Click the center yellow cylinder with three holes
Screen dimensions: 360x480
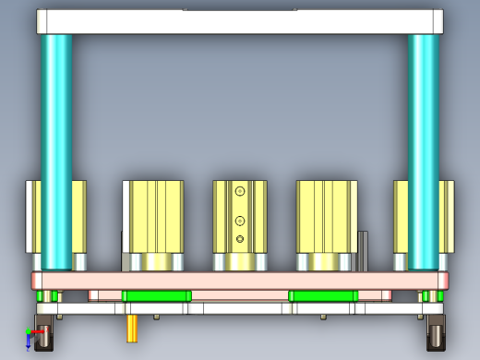tap(240, 217)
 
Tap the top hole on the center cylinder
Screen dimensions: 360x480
tap(240, 191)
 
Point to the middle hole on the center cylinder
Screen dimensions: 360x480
tap(240, 221)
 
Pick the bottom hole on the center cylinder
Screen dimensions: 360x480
tap(240, 240)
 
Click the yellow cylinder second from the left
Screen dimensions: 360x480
tap(154, 217)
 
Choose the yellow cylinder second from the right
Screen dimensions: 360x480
tap(327, 217)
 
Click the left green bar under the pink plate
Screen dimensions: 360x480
tap(156, 295)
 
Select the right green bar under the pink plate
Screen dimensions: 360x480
tap(322, 295)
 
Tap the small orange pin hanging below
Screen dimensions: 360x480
tap(132, 327)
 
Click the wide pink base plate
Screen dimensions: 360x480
tap(240, 280)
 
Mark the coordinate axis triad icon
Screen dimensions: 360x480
tap(32, 338)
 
